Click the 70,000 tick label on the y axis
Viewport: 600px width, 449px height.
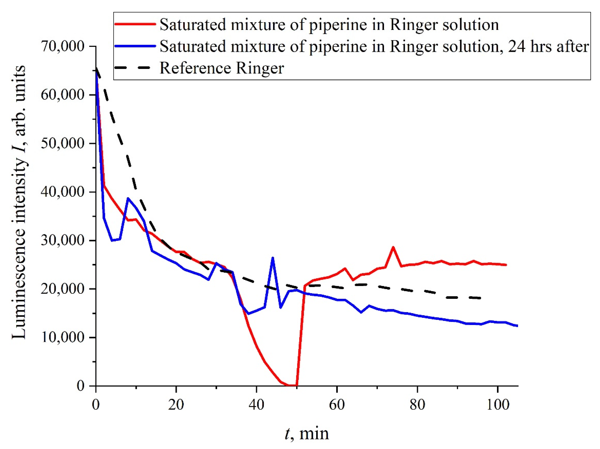(x=62, y=46)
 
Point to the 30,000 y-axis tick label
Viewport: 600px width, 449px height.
(x=62, y=240)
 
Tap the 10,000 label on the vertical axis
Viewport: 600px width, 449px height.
(x=62, y=337)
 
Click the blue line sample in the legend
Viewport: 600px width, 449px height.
(x=135, y=46)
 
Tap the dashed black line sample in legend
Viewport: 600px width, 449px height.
(x=135, y=68)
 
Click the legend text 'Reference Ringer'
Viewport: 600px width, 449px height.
(x=222, y=68)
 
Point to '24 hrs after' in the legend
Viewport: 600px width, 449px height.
(x=548, y=46)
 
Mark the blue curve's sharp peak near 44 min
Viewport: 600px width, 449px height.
(x=273, y=258)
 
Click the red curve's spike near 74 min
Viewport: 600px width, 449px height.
(x=393, y=247)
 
